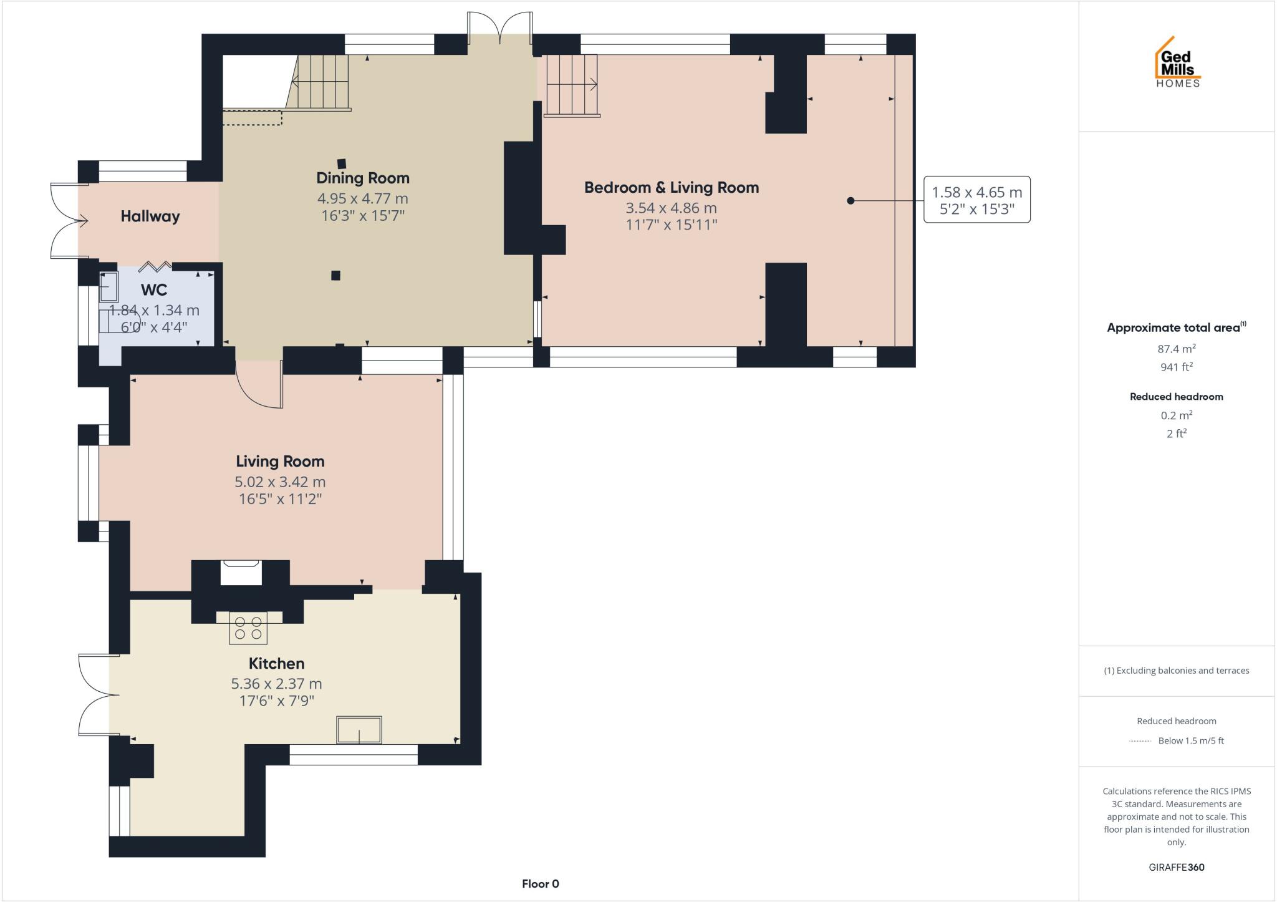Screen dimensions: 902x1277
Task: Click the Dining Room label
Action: pyautogui.click(x=362, y=178)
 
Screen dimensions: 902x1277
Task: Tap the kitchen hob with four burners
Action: pyautogui.click(x=248, y=628)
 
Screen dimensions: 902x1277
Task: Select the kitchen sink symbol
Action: pyautogui.click(x=359, y=729)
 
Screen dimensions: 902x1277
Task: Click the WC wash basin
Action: pyautogui.click(x=108, y=287)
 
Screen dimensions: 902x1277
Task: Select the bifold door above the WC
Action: pyautogui.click(x=155, y=267)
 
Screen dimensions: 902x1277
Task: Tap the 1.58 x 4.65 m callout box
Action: pyautogui.click(x=976, y=200)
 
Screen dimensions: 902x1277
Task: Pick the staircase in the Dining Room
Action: pyautogui.click(x=321, y=82)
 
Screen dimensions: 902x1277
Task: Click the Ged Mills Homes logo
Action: pyautogui.click(x=1177, y=62)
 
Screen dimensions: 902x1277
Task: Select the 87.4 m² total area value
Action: pyautogui.click(x=1176, y=349)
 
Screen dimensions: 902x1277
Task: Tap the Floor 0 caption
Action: pyautogui.click(x=540, y=883)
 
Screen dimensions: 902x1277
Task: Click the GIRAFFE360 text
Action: pyautogui.click(x=1176, y=867)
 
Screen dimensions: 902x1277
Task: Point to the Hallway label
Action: pyautogui.click(x=150, y=216)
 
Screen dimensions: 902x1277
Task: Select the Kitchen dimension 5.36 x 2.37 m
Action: pyautogui.click(x=276, y=684)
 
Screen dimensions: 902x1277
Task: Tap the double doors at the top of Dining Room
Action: pyautogui.click(x=500, y=27)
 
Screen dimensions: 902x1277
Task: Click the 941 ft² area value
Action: pyautogui.click(x=1176, y=367)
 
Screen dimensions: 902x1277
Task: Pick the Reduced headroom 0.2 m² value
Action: pyautogui.click(x=1176, y=415)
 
